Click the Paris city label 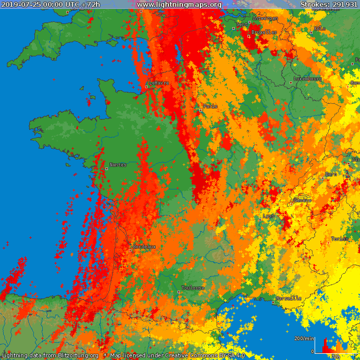[211, 106]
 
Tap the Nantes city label [118, 165]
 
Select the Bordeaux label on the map [144, 247]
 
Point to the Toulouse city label [193, 288]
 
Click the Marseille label [289, 298]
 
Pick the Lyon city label [269, 215]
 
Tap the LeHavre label [160, 83]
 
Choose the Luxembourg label [308, 79]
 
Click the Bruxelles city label [264, 32]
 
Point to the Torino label [340, 239]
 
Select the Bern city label [331, 174]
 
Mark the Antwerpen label [265, 18]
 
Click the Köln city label [320, 29]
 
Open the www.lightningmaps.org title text [179, 4]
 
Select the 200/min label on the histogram [304, 339]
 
